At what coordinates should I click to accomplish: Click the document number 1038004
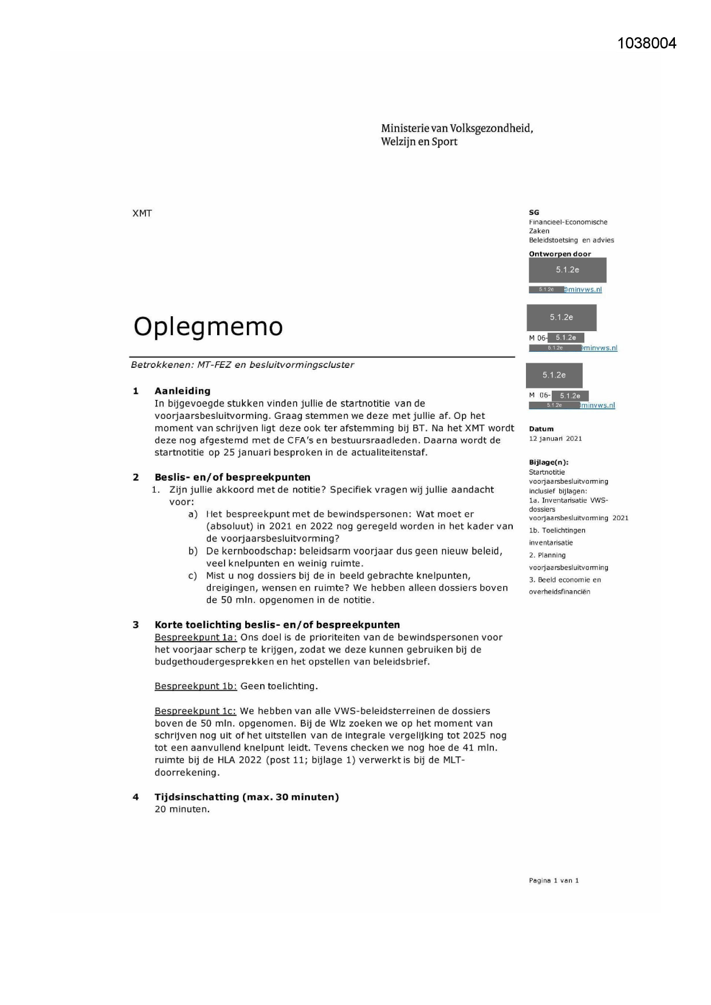(647, 44)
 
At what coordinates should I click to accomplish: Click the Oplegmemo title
(208, 327)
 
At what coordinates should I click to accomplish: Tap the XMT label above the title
(142, 214)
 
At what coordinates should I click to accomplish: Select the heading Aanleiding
(182, 391)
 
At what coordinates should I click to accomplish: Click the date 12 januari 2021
(555, 439)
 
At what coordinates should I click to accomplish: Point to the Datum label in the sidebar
(541, 429)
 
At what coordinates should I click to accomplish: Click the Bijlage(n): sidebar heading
(548, 462)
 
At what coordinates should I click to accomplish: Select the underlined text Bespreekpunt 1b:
(195, 686)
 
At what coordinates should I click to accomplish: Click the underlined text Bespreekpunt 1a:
(195, 637)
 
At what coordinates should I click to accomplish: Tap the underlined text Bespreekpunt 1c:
(195, 711)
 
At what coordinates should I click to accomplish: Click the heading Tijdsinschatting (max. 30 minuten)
(246, 797)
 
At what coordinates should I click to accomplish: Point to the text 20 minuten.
(182, 810)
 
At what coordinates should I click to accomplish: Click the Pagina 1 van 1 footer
(553, 881)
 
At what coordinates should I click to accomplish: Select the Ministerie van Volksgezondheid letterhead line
(457, 128)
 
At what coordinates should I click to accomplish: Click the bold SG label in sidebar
(534, 213)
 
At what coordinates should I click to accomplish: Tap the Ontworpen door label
(560, 254)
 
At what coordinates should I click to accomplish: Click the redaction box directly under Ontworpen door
(567, 270)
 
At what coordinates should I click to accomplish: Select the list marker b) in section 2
(193, 551)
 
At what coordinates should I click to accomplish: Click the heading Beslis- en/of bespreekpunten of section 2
(232, 477)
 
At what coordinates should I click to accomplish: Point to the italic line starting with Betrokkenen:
(242, 365)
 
